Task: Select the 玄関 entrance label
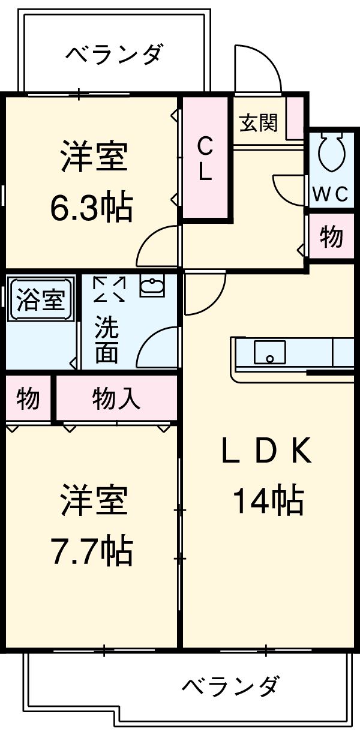coord(259,124)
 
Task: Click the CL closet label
coord(205,158)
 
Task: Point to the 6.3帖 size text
coord(91,208)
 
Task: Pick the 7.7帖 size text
coord(91,551)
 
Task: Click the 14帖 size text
coord(268,501)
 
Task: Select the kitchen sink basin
coord(269,352)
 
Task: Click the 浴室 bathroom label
coord(40,298)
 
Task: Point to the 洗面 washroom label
coord(106,340)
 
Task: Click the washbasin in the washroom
coord(153,286)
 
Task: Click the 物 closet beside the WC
coord(331,238)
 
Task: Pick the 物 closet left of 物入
coord(28,398)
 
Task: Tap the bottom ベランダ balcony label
coord(230,685)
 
